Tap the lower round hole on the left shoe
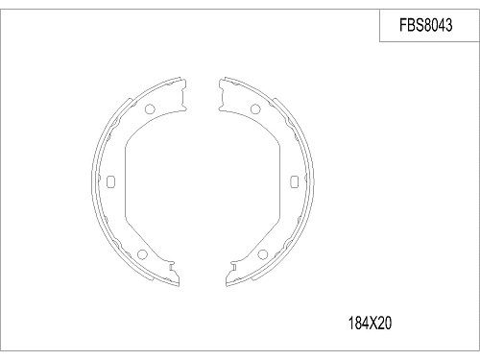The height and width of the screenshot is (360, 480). pyautogui.click(x=141, y=254)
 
